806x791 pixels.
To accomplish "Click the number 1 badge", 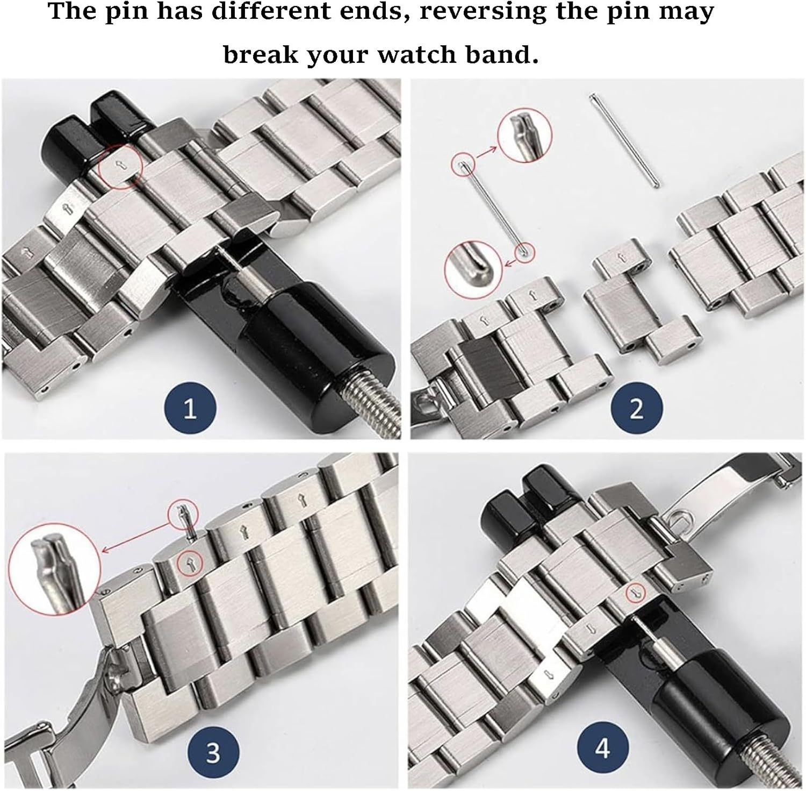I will coord(190,409).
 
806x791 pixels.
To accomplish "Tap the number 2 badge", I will coord(636,409).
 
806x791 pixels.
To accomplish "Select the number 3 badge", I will coord(213,751).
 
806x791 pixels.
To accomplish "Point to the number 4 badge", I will coord(602,747).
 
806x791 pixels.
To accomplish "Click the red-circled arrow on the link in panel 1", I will coord(120,166).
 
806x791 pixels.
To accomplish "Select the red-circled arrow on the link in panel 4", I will coord(636,593).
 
